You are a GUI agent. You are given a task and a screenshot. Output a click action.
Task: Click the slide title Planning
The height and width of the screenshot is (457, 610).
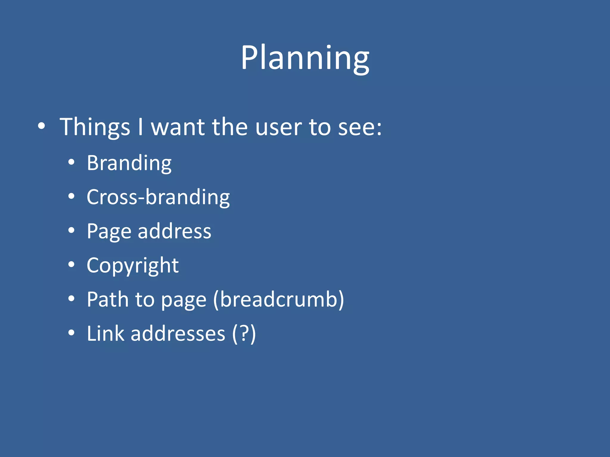305,58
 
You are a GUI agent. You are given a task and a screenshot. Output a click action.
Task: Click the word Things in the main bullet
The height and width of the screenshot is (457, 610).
95,127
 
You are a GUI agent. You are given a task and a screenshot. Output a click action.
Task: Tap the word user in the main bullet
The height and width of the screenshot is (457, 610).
278,127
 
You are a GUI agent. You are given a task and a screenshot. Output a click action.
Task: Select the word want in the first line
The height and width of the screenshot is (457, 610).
178,127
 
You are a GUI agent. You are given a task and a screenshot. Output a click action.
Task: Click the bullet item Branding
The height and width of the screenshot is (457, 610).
129,163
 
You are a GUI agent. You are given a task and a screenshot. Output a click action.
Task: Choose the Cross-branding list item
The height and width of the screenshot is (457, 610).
158,197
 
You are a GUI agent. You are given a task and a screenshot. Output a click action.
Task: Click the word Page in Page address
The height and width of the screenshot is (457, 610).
109,231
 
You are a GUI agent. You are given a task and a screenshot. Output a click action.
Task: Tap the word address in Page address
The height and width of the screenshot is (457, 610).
174,231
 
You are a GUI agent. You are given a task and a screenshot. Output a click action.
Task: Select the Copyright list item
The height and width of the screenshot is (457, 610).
133,265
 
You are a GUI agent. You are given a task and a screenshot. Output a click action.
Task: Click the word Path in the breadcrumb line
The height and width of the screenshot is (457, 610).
108,299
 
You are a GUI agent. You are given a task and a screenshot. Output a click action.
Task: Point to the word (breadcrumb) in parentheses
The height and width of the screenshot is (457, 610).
278,299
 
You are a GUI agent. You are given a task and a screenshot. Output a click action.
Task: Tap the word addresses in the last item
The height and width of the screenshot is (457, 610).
178,334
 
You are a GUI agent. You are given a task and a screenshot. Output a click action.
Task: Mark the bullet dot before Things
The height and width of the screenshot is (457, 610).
41,126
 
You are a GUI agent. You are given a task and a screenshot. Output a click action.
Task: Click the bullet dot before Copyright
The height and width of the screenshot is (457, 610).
71,264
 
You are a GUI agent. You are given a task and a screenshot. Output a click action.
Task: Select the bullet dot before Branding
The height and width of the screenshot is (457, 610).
71,162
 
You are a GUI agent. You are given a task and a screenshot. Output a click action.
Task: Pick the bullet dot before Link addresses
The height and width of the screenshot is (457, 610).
71,332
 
